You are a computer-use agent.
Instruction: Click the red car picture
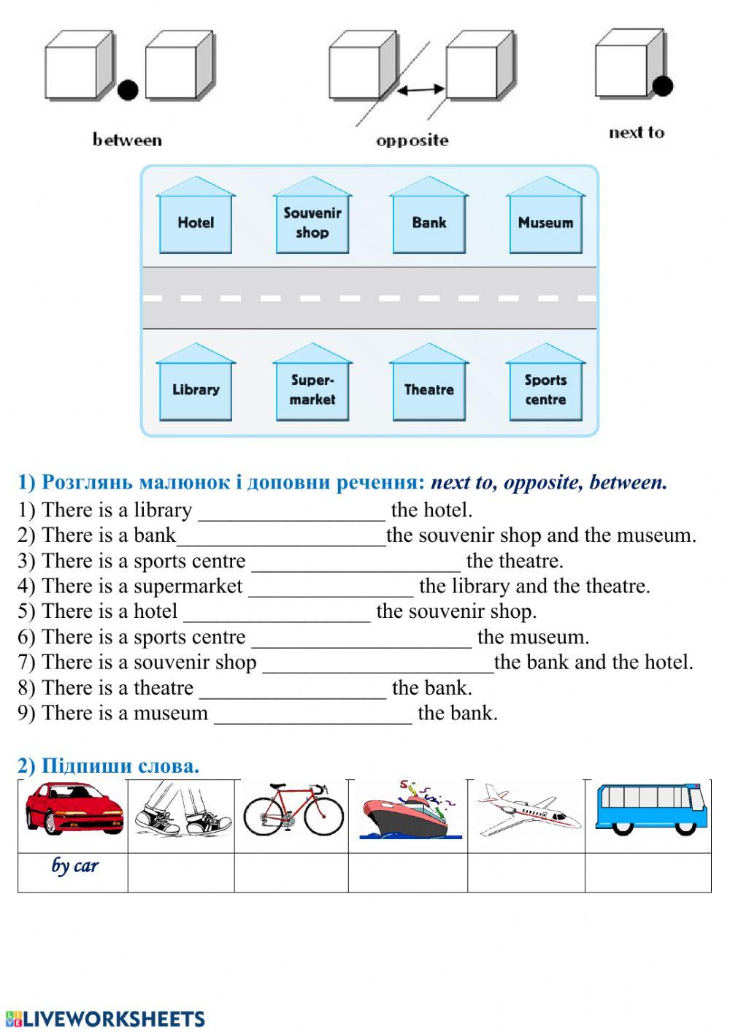pyautogui.click(x=73, y=808)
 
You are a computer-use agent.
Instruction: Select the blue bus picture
pyautogui.click(x=650, y=809)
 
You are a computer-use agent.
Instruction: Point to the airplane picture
pyautogui.click(x=527, y=809)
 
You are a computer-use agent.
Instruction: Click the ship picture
pyautogui.click(x=410, y=811)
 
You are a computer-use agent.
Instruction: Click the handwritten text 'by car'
pyautogui.click(x=74, y=866)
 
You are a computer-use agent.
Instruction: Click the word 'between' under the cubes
pyautogui.click(x=127, y=140)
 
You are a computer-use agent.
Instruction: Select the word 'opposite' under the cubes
pyautogui.click(x=412, y=141)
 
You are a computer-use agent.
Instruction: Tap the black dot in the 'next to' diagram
pyautogui.click(x=662, y=86)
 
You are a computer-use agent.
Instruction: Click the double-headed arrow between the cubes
pyautogui.click(x=420, y=90)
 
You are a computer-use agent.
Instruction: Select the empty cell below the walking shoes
pyautogui.click(x=181, y=873)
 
